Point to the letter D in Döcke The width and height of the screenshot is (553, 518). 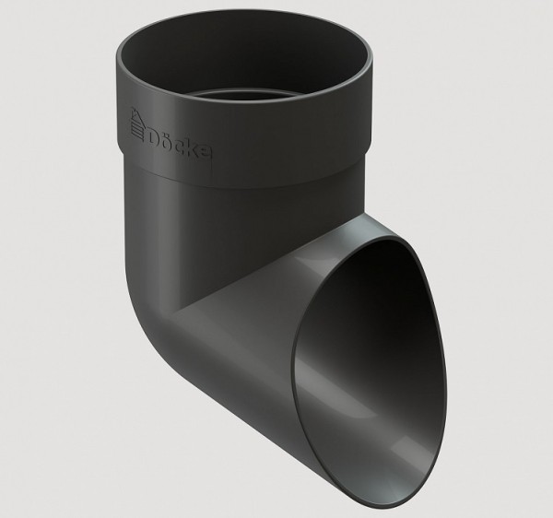(x=154, y=138)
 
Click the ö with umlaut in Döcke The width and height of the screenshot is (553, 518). (x=169, y=140)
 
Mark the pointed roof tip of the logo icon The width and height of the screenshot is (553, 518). (x=134, y=108)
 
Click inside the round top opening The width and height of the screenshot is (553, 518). (x=243, y=60)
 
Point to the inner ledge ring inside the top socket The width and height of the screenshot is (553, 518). (x=243, y=95)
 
